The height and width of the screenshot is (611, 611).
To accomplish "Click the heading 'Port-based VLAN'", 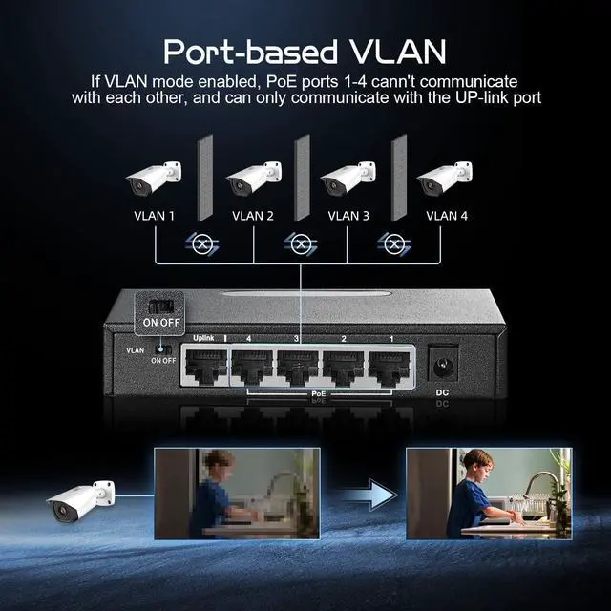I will [x=305, y=49].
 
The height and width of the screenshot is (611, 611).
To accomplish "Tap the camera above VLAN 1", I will [x=153, y=179].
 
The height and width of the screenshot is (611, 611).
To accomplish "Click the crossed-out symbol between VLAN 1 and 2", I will [x=202, y=244].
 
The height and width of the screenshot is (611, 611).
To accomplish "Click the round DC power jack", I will [x=442, y=366].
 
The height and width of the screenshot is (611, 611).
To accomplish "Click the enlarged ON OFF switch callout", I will [x=160, y=312].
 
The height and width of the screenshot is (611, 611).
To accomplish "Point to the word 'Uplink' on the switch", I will [x=202, y=338].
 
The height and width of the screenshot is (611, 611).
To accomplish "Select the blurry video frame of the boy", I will [x=237, y=493].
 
